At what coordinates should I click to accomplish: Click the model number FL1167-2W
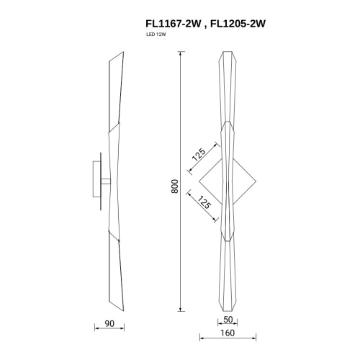coord(171,23)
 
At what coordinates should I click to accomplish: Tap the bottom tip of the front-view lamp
coord(227,307)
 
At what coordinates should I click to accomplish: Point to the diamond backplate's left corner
coord(199,181)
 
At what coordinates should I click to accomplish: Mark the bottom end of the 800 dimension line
coord(180,308)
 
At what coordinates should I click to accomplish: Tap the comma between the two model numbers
coord(203,26)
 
